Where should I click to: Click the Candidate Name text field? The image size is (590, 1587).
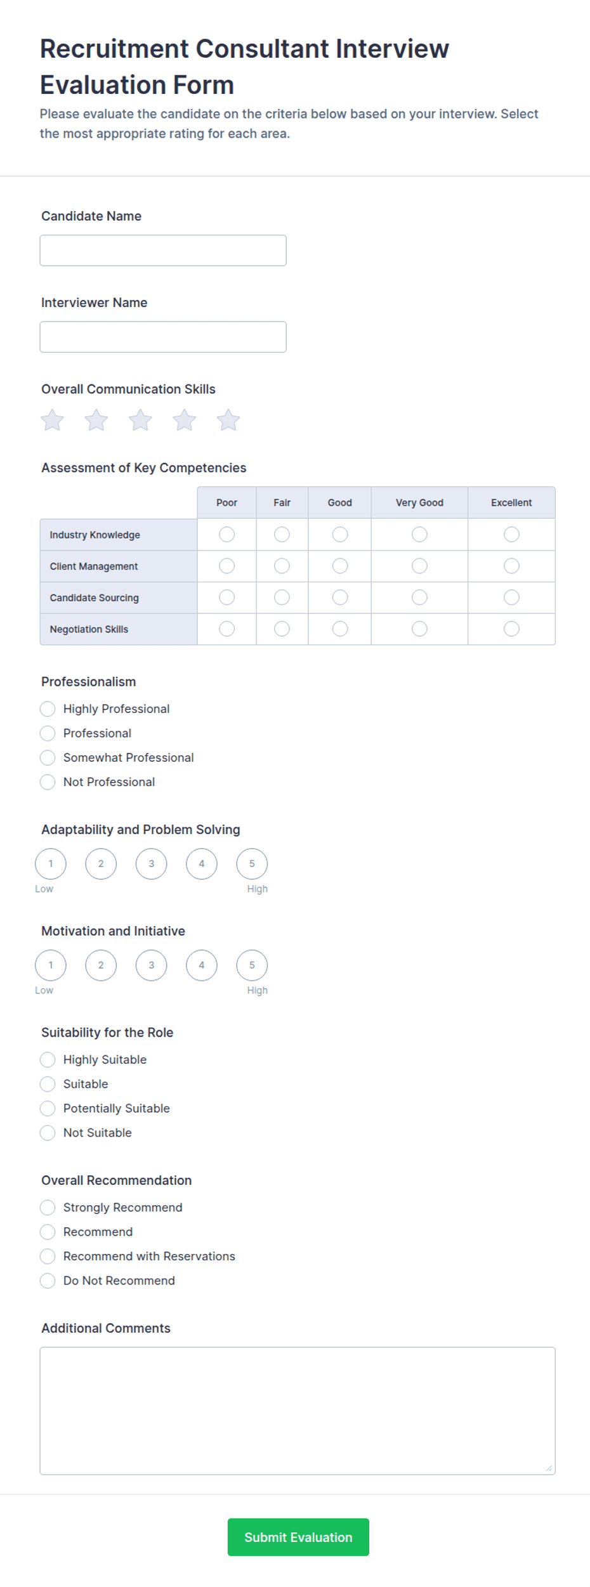[x=162, y=251]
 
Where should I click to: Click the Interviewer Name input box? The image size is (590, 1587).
[x=162, y=337]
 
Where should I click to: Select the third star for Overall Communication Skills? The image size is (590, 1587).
[x=140, y=420]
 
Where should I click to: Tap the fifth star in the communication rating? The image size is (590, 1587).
[x=228, y=420]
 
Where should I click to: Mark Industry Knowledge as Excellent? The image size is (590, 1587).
[x=511, y=535]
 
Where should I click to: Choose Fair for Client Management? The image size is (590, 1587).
[x=282, y=566]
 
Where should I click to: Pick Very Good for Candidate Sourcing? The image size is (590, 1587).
[x=419, y=598]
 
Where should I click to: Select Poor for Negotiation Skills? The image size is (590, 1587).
[x=226, y=629]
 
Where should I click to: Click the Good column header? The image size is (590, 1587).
[x=339, y=502]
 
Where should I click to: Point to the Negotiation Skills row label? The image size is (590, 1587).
[x=89, y=629]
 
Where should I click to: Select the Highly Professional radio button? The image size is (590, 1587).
[x=48, y=709]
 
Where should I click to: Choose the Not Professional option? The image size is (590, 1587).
[x=48, y=782]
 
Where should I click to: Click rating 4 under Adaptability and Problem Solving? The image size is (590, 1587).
[x=202, y=864]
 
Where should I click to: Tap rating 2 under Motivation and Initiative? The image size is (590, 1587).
[x=101, y=965]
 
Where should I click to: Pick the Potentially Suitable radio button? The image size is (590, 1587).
[x=48, y=1108]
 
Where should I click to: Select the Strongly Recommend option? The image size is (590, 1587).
[x=48, y=1207]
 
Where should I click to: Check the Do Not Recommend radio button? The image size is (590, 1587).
[x=48, y=1281]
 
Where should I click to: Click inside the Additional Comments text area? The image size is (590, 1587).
[x=297, y=1411]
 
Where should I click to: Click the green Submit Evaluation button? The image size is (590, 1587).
[x=298, y=1537]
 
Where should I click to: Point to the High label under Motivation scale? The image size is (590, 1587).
[x=257, y=990]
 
